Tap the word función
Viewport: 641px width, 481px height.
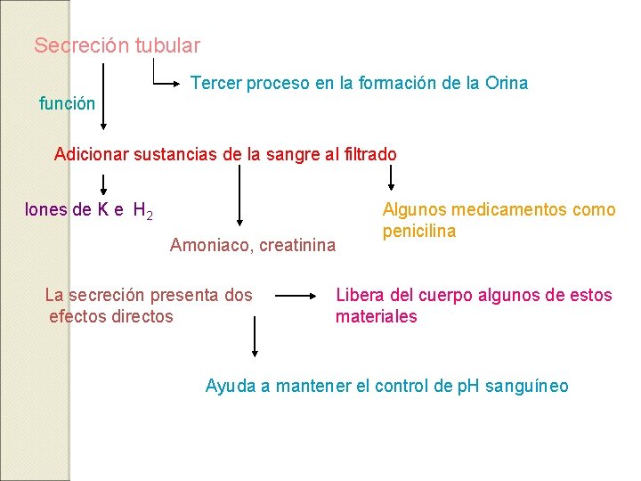[68, 103]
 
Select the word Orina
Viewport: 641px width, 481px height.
[507, 83]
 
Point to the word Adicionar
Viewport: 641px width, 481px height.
[92, 154]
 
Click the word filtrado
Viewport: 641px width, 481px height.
[367, 154]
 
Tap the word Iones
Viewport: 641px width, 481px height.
[46, 210]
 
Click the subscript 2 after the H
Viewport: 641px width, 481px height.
[150, 216]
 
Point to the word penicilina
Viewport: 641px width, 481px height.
[419, 232]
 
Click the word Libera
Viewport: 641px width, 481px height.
[358, 295]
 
